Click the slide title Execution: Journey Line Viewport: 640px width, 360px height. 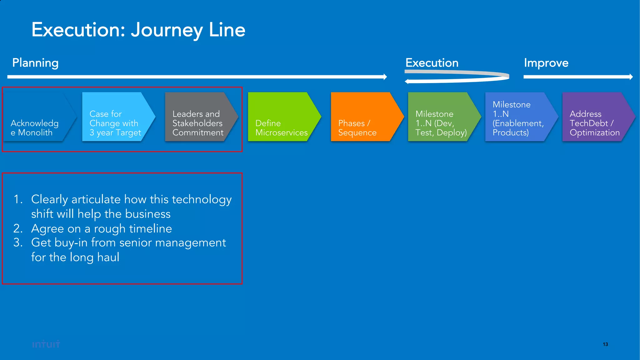138,30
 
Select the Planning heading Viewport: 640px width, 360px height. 35,63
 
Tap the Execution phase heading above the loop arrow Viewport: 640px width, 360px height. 432,63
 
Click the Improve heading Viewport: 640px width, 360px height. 546,63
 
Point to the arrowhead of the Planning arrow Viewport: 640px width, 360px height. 385,77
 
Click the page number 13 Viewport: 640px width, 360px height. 605,344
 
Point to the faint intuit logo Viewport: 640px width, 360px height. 46,344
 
